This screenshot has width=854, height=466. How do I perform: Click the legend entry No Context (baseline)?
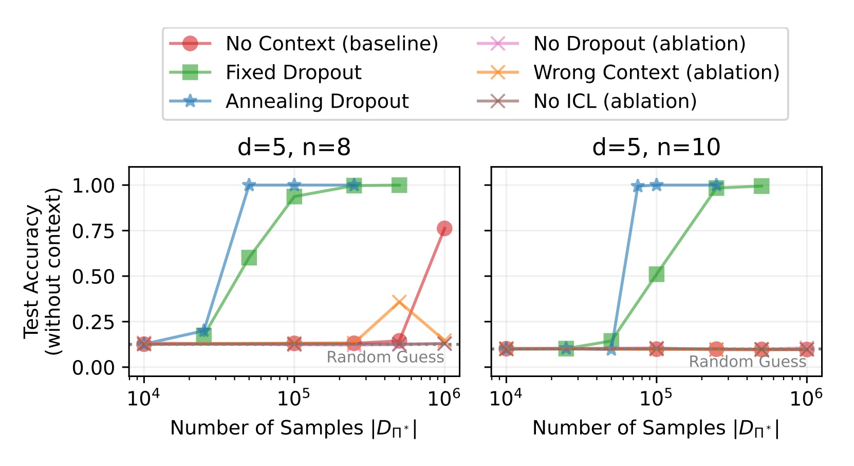331,44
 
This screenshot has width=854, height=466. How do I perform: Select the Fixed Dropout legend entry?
293,73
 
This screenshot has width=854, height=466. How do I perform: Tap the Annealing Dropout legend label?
317,101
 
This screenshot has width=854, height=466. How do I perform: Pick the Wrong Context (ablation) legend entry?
656,73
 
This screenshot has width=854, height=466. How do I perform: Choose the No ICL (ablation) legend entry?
615,101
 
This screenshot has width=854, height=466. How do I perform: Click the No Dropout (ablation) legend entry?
639,44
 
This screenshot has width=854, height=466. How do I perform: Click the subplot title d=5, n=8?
294,148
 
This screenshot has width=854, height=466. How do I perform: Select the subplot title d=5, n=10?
656,148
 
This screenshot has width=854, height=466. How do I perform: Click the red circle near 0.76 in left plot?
444,228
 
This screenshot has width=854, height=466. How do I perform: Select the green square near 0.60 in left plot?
249,258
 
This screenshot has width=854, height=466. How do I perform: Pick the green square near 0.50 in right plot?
656,274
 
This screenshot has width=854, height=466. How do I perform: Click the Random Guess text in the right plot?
747,362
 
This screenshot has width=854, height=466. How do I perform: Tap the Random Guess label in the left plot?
385,357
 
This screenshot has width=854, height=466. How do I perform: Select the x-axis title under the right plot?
656,428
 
